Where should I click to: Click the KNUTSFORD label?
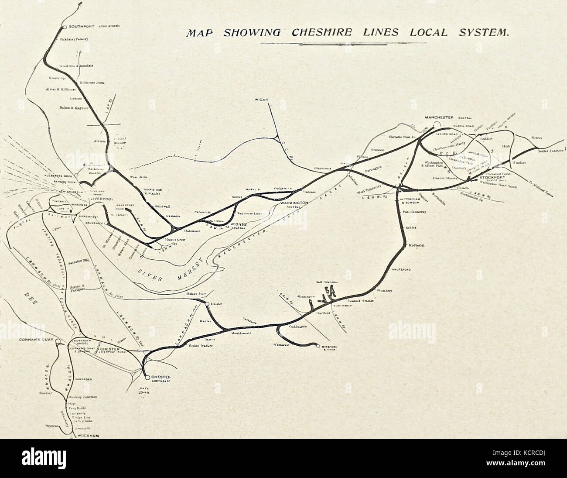coord(401,270)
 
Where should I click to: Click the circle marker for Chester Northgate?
coord(147,377)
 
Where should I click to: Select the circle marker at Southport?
coord(64,27)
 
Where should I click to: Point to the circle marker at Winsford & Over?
coord(318,346)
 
